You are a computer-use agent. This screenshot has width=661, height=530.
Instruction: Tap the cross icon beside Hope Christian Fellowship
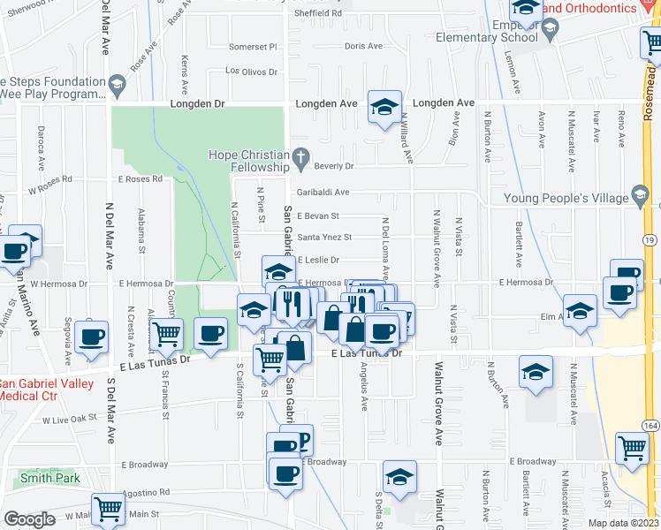300,160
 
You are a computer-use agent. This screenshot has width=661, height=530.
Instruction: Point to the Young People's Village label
566,198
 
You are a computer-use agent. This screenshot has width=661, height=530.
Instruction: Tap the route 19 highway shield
649,239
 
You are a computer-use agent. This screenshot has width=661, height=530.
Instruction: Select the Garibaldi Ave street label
323,192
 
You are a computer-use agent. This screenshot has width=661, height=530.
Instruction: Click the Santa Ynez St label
324,237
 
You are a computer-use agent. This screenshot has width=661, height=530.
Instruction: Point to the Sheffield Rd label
318,13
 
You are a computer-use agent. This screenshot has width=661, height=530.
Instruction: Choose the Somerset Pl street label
253,47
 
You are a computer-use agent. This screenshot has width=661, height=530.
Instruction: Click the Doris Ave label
363,46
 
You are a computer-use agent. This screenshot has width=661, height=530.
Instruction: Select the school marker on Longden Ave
384,107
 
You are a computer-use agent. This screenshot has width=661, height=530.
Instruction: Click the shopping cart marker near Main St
107,508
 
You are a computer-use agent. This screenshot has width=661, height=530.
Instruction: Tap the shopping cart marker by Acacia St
632,449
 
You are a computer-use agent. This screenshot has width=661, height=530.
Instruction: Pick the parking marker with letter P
301,439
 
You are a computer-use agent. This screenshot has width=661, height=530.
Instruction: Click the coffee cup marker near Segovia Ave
93,336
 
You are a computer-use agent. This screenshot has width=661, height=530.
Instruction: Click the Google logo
29,519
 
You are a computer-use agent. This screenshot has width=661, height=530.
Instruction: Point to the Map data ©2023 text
623,523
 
